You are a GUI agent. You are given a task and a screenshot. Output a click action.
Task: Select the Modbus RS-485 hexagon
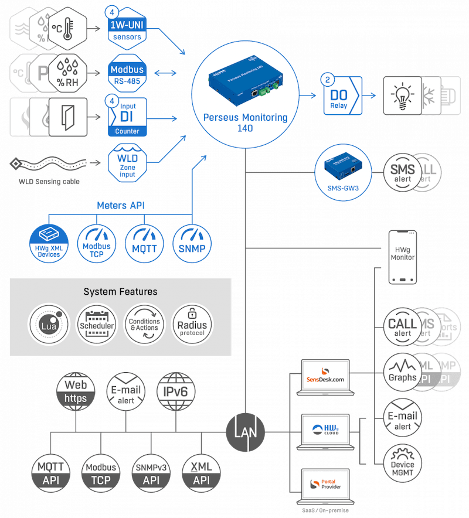click(x=126, y=74)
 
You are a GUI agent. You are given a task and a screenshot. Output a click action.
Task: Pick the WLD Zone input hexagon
click(x=126, y=162)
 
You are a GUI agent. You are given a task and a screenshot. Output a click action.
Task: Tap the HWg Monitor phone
click(x=403, y=257)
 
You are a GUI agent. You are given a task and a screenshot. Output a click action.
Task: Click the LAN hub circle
click(x=246, y=432)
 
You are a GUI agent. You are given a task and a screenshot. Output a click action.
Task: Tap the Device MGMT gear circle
click(x=403, y=464)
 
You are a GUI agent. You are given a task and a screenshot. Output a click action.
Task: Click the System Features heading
click(x=120, y=291)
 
